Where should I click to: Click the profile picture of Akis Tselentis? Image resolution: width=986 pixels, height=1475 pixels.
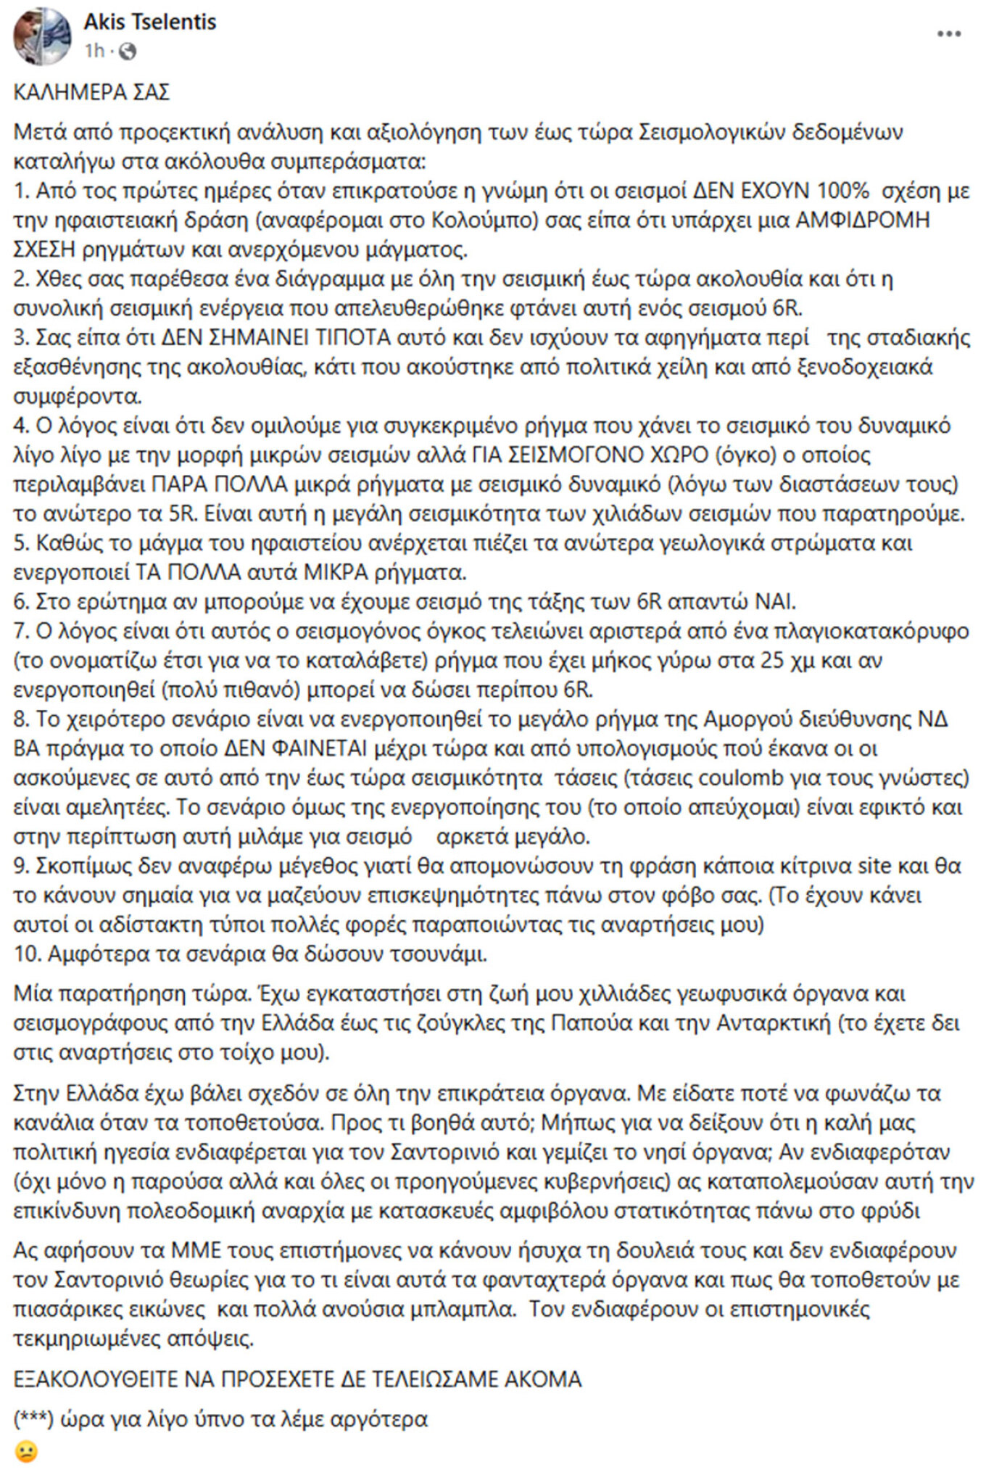tap(41, 35)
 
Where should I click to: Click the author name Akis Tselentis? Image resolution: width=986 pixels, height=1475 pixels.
tap(149, 22)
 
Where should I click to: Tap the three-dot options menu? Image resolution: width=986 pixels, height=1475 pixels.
tap(948, 34)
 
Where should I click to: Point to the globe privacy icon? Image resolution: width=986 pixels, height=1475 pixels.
tap(127, 51)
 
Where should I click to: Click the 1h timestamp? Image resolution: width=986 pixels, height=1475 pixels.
tap(94, 51)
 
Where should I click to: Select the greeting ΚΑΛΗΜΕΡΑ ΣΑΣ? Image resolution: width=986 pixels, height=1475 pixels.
tap(91, 93)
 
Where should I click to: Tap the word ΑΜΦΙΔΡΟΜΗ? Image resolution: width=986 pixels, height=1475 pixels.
tap(863, 220)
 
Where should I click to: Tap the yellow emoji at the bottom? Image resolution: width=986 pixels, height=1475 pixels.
tap(25, 1453)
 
